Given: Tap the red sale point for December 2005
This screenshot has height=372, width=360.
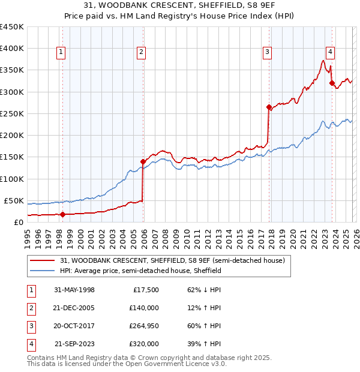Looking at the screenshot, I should pyautogui.click(x=143, y=161).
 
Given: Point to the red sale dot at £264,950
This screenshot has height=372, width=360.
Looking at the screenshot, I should pyautogui.click(x=269, y=107).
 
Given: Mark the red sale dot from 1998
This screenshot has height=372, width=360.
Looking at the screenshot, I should pyautogui.click(x=62, y=214).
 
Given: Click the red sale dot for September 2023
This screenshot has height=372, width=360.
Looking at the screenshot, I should pyautogui.click(x=332, y=83).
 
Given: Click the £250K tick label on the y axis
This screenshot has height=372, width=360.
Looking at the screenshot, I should pyautogui.click(x=11, y=113).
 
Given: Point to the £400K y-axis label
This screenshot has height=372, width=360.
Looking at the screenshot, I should pyautogui.click(x=11, y=48).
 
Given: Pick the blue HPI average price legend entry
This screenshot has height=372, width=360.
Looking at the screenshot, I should pyautogui.click(x=141, y=271).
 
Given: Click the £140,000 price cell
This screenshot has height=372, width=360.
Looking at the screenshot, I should pyautogui.click(x=144, y=308).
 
